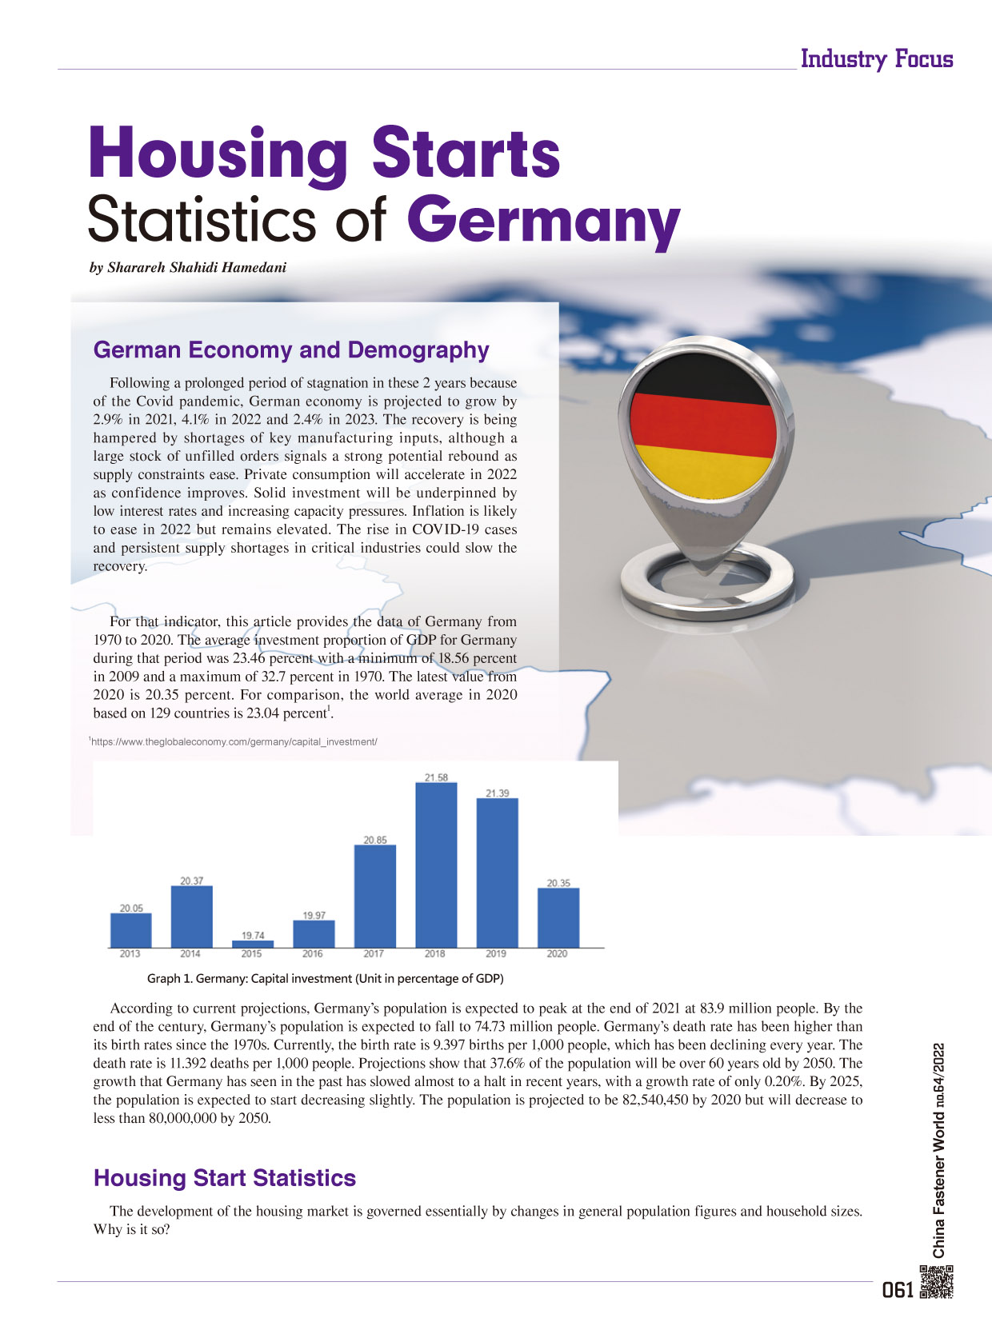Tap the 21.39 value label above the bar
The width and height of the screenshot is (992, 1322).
coord(497,793)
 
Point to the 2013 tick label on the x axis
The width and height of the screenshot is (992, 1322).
coord(130,954)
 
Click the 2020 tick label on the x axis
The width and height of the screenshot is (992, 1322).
coord(557,954)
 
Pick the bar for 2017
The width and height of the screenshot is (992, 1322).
coord(374,896)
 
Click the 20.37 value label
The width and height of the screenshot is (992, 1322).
coord(191,881)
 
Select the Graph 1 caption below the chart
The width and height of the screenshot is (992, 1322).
coord(325,978)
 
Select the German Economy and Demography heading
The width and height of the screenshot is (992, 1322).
coord(291,350)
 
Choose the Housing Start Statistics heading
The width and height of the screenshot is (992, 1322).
coord(225,1178)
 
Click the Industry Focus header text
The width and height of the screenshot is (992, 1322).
coord(877,59)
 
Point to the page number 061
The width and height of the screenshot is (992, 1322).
coord(897,1290)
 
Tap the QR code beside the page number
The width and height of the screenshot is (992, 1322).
coord(937,1280)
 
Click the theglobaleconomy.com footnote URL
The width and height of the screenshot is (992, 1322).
coord(234,742)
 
